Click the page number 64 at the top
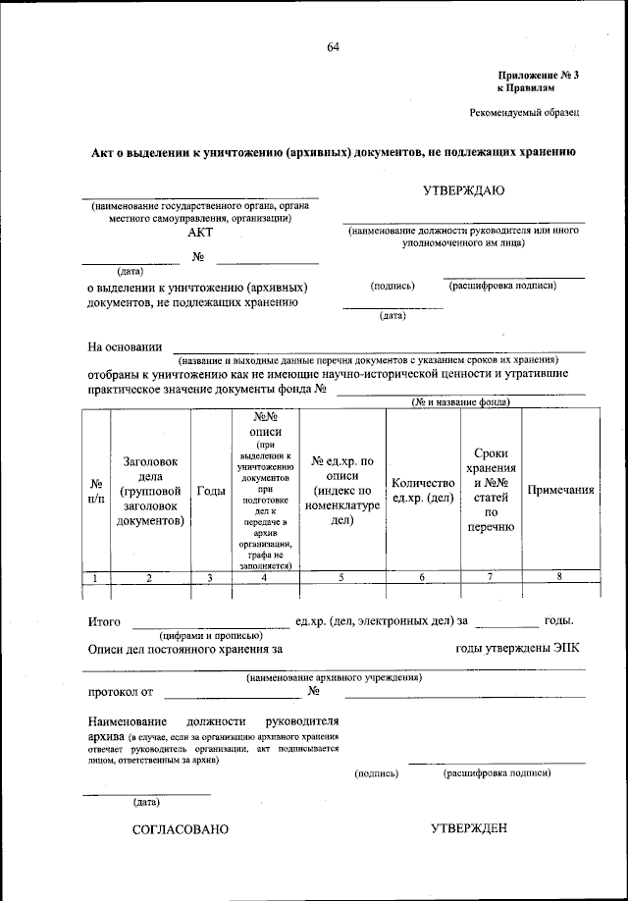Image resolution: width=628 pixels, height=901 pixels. tap(333, 47)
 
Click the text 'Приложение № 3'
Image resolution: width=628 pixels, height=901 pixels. tap(539, 75)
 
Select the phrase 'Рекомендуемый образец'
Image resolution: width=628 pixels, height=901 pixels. tap(525, 113)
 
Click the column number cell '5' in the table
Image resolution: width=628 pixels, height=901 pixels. tap(341, 578)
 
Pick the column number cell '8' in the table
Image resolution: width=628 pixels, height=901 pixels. tap(559, 577)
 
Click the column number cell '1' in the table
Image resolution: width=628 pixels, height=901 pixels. tap(95, 578)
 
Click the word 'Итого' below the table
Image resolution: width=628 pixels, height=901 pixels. tap(104, 621)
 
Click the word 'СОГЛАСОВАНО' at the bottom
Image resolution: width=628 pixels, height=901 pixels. tap(181, 829)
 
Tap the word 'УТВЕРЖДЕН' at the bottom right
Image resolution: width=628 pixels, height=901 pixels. tap(469, 829)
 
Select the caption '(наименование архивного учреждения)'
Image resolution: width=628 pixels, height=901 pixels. tap(334, 677)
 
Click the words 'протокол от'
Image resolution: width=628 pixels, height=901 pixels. tap(121, 692)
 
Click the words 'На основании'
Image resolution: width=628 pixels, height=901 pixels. tap(125, 346)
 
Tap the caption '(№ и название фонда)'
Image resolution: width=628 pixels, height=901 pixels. tap(459, 402)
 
